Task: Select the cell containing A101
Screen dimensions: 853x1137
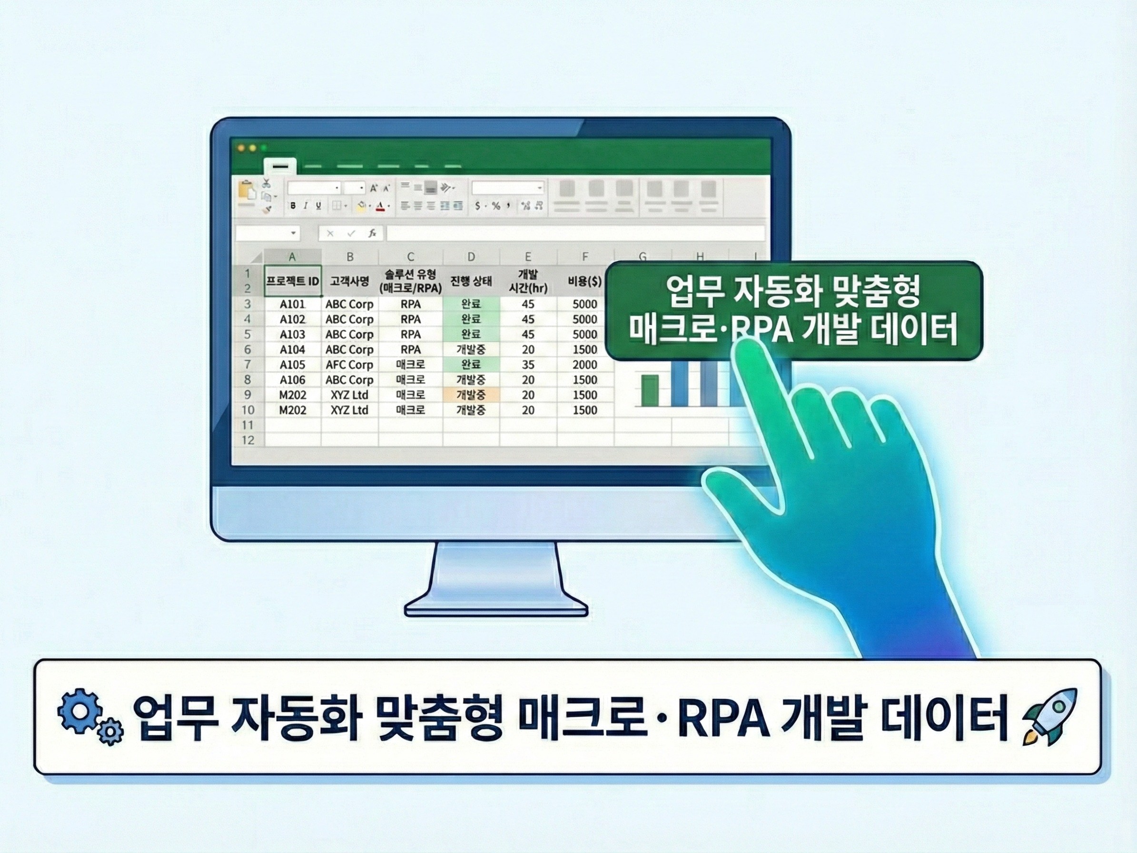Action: point(292,304)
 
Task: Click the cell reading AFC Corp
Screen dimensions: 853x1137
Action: point(349,365)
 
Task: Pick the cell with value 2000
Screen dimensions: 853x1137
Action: point(584,365)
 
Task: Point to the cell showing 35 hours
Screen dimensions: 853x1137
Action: point(528,365)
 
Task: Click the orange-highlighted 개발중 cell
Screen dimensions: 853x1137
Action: point(471,395)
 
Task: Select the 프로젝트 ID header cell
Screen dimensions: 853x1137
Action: point(292,281)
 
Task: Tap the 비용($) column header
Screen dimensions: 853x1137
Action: point(584,281)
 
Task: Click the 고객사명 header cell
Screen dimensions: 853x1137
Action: point(349,281)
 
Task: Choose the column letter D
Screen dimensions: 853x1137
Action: point(471,257)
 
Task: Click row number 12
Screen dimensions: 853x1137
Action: point(248,441)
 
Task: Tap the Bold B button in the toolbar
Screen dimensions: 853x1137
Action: point(293,206)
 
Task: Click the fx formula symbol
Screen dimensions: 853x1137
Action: point(372,233)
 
